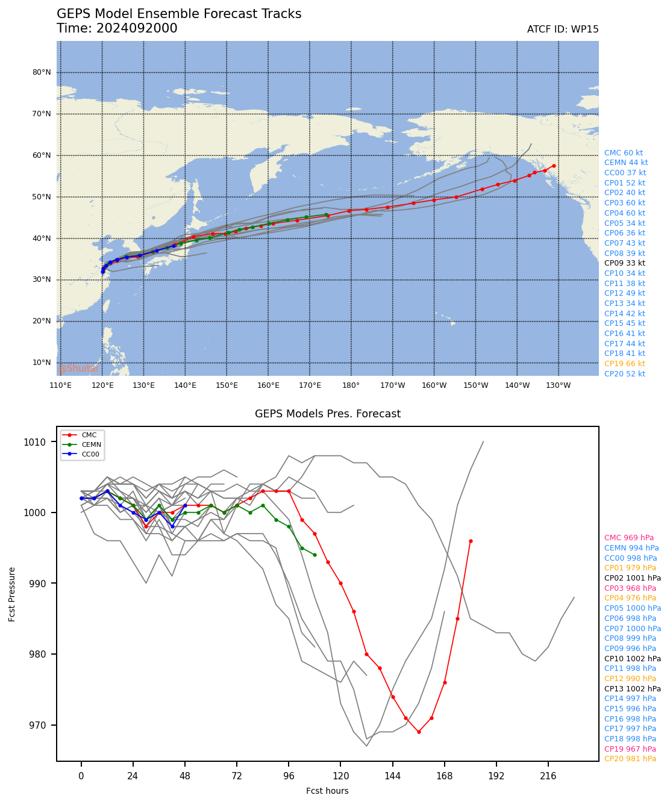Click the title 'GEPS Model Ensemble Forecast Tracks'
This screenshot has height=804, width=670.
pos(179,14)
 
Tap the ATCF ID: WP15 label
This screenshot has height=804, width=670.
pos(562,30)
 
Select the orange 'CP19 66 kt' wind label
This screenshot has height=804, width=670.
pos(624,364)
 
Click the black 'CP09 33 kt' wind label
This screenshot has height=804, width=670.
pos(624,263)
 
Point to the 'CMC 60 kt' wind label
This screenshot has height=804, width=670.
pos(623,153)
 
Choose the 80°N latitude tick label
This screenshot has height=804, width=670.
pos(42,72)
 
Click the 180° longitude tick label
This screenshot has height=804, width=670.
pos(351,385)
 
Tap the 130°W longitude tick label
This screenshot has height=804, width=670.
pos(558,385)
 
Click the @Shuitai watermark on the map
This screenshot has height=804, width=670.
pos(78,369)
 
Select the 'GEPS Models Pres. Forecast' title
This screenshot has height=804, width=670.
pos(327,414)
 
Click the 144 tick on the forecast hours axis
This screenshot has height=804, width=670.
pos(392,775)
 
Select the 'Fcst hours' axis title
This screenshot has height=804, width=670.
pos(327,791)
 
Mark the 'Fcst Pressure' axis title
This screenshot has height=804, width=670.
pos(12,594)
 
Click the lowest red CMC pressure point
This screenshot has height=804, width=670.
pos(419,732)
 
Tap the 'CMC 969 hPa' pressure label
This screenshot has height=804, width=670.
pos(628,538)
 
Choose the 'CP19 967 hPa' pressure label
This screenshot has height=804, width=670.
pos(630,749)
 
